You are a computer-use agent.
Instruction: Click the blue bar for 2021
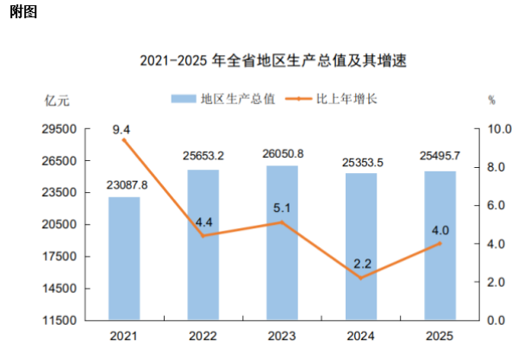pyautogui.click(x=124, y=258)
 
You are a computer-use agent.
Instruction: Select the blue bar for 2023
pyautogui.click(x=282, y=242)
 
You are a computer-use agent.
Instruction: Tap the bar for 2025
pyautogui.click(x=440, y=245)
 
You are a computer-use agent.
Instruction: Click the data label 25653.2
pyautogui.click(x=203, y=156)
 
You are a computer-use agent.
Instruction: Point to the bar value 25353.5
pyautogui.click(x=361, y=160)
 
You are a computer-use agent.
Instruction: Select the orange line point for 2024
pyautogui.click(x=361, y=277)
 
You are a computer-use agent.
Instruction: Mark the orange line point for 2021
pyautogui.click(x=124, y=140)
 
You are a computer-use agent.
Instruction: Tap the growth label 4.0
pyautogui.click(x=440, y=229)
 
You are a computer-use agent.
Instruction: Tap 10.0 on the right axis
pyautogui.click(x=500, y=129)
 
